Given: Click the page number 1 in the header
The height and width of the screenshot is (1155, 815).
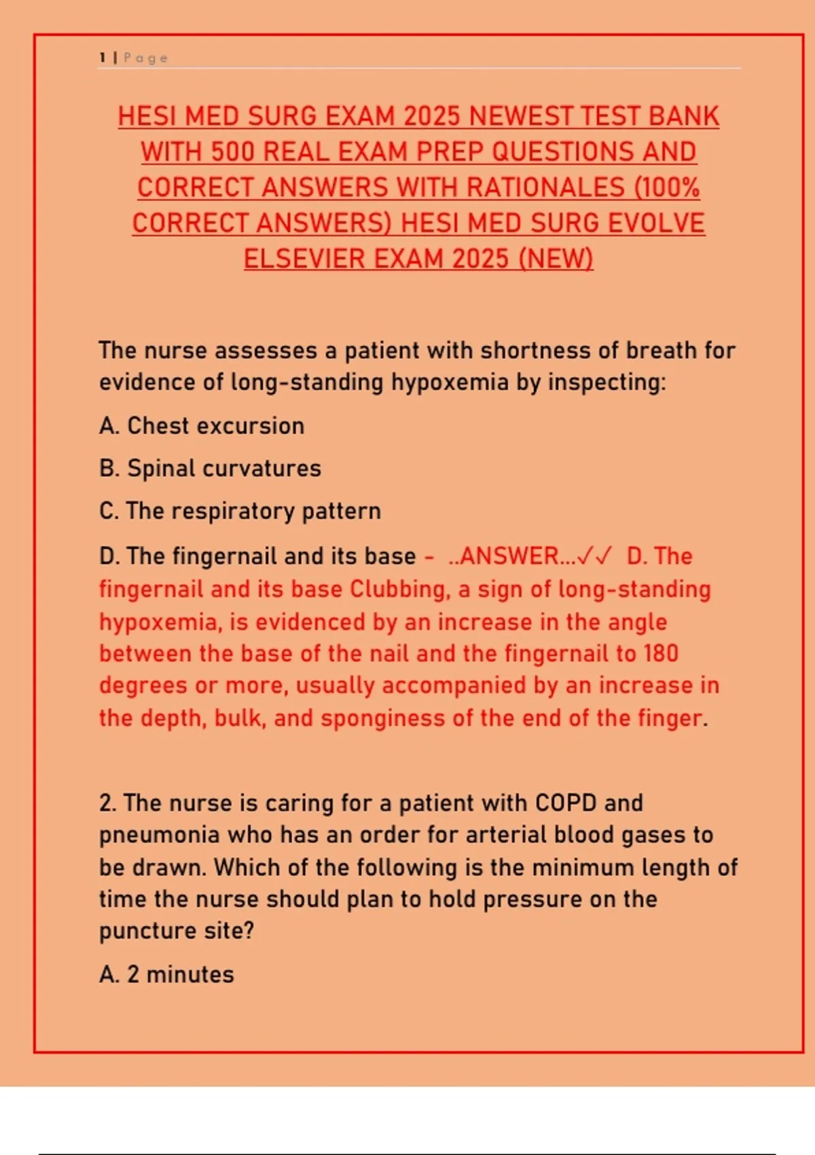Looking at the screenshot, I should pos(102,58).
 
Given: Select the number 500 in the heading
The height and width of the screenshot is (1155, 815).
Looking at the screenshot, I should pos(230,152).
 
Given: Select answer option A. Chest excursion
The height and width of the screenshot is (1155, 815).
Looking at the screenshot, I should pos(202,426).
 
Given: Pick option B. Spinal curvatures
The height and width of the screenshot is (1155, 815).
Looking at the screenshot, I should pos(210,468).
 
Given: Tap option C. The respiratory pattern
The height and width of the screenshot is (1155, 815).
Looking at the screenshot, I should pos(240,511).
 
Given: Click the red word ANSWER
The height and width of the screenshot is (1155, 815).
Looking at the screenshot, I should pos(509,556).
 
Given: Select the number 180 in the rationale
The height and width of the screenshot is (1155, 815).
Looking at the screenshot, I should pos(661,654).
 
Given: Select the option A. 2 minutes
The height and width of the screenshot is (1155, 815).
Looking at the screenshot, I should pos(166,974).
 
